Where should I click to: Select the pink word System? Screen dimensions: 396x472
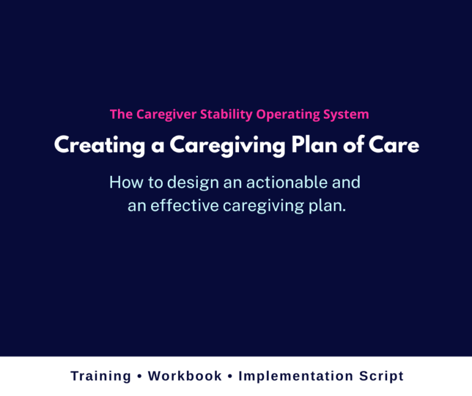coord(347,114)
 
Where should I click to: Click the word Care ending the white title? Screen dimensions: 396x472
coord(395,146)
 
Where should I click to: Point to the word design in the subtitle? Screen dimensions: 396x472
coord(184,183)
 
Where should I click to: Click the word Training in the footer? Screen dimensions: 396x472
coord(101,376)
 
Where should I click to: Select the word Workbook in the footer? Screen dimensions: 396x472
coord(185,376)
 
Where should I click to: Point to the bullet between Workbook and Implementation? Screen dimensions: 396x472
coord(230,376)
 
